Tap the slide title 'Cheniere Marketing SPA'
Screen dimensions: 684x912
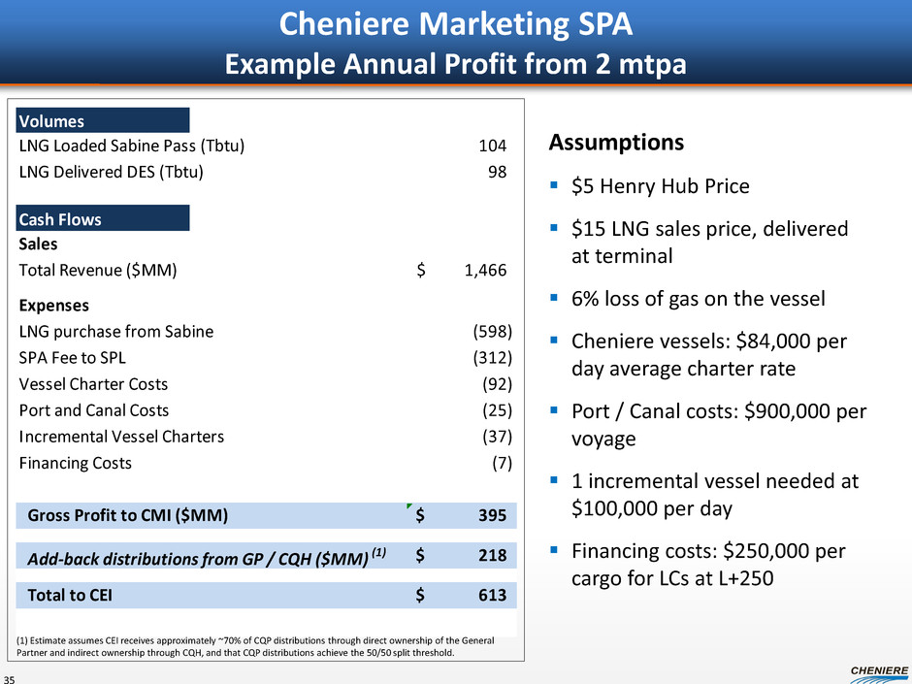pyautogui.click(x=456, y=23)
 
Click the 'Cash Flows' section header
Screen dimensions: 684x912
pyautogui.click(x=60, y=219)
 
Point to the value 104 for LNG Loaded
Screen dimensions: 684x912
pyautogui.click(x=493, y=147)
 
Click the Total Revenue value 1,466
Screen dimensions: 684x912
pyautogui.click(x=485, y=271)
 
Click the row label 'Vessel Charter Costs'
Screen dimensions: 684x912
pyautogui.click(x=93, y=384)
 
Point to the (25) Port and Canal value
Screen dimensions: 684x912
pyautogui.click(x=497, y=410)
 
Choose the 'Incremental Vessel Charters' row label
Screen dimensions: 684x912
pyautogui.click(x=121, y=437)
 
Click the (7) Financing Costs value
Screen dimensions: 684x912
pyautogui.click(x=502, y=463)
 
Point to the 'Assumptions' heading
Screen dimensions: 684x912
pyautogui.click(x=616, y=144)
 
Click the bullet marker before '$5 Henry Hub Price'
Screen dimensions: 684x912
pyautogui.click(x=554, y=185)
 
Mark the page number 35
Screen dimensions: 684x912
pyautogui.click(x=12, y=677)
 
